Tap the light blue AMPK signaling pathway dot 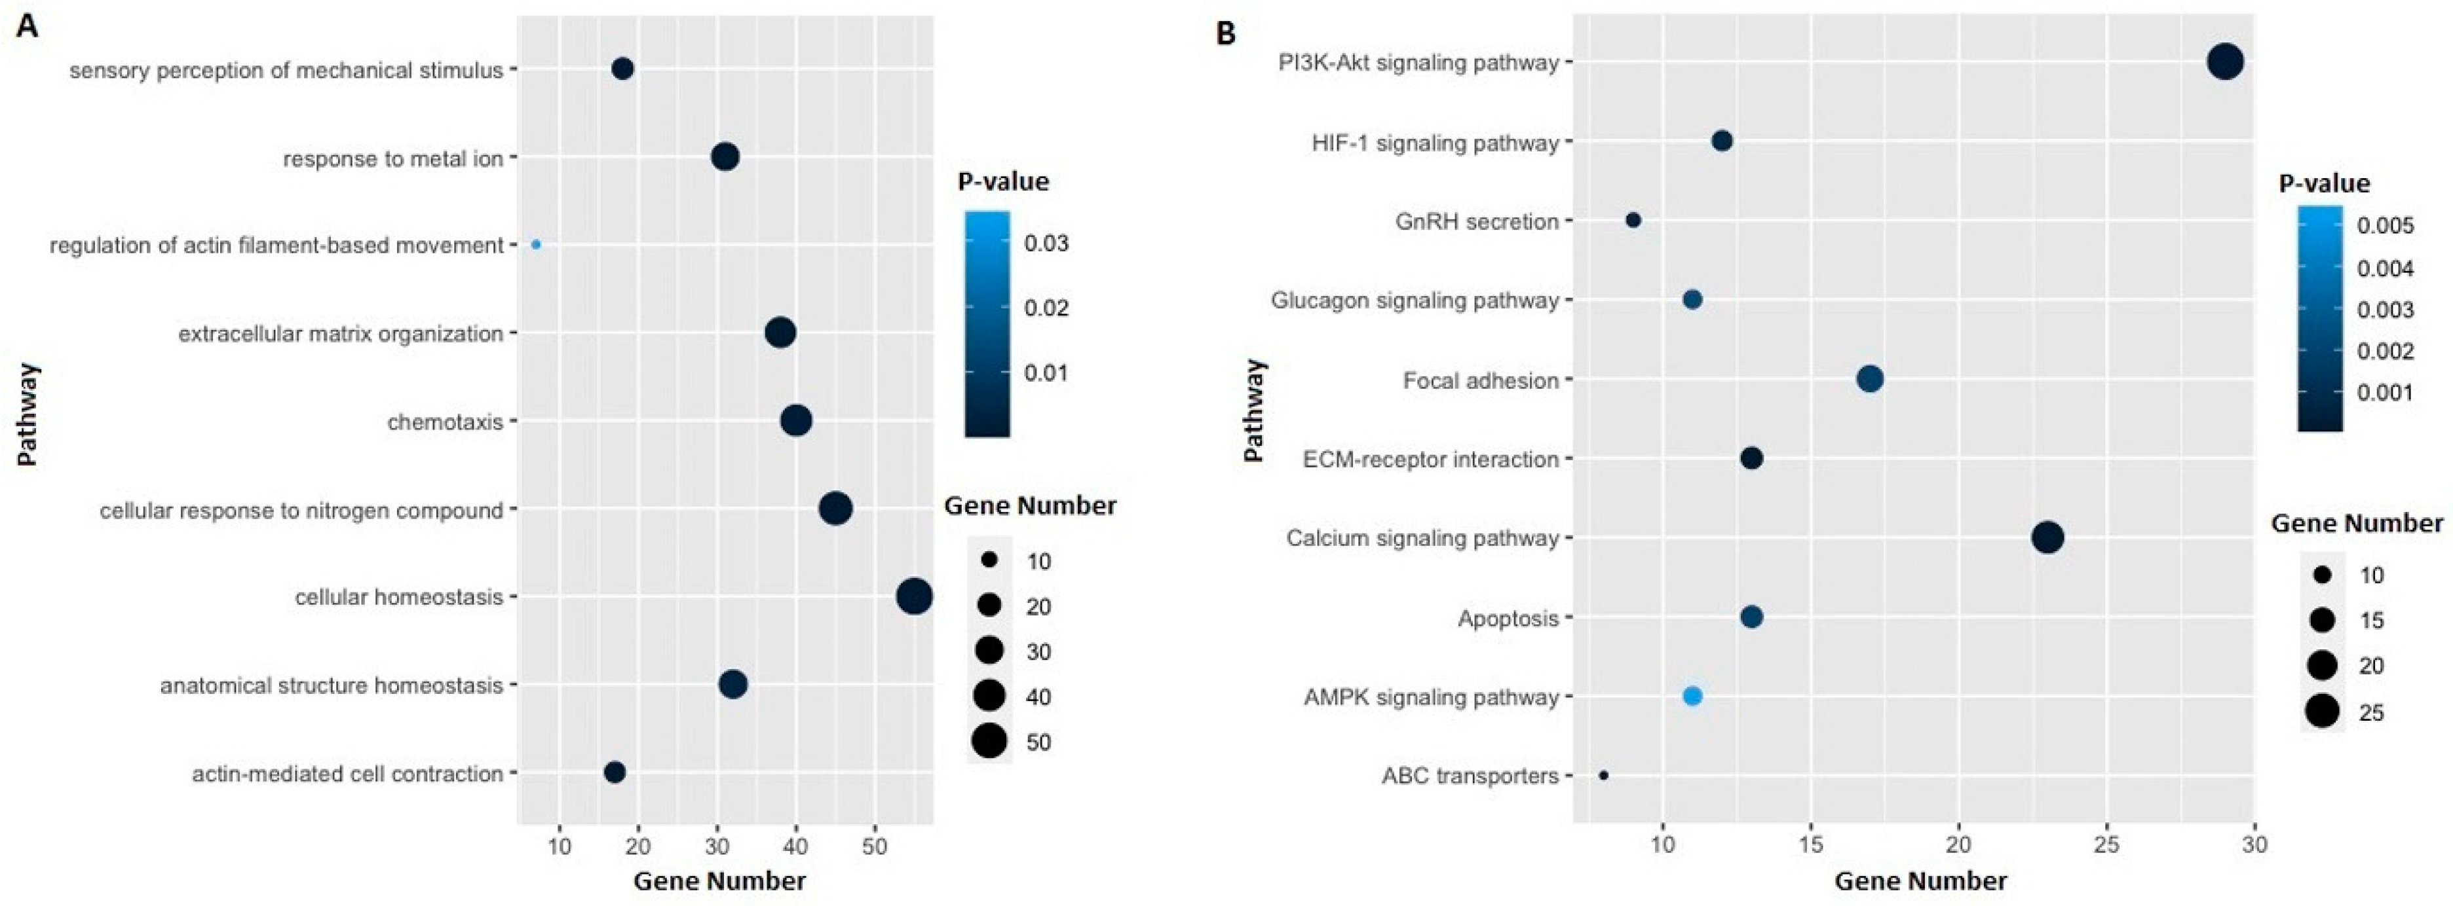click(1692, 697)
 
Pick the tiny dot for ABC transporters click(1604, 776)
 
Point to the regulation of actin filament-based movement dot click(536, 245)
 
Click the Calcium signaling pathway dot click(2048, 537)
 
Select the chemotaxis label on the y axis click(445, 422)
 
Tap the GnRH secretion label click(1477, 222)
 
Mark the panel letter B click(1226, 33)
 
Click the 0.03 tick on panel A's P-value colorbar click(1046, 244)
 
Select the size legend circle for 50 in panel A click(991, 740)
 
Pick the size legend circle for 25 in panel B click(2323, 711)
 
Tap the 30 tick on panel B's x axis click(2254, 844)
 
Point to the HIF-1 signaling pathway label click(1435, 143)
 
